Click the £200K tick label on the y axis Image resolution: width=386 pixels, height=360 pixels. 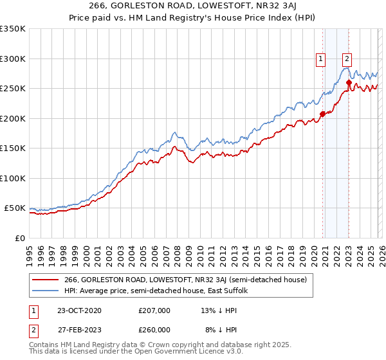(x=13, y=118)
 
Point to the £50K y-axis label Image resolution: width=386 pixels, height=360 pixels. (x=15, y=208)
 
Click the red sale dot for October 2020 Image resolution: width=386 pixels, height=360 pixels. (x=322, y=114)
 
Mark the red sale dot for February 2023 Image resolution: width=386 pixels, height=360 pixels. (x=349, y=82)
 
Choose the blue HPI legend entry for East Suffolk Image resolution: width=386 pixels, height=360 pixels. (x=160, y=291)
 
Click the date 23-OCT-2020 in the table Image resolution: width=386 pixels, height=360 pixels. (x=74, y=310)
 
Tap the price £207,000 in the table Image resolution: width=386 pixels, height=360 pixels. (x=154, y=310)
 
